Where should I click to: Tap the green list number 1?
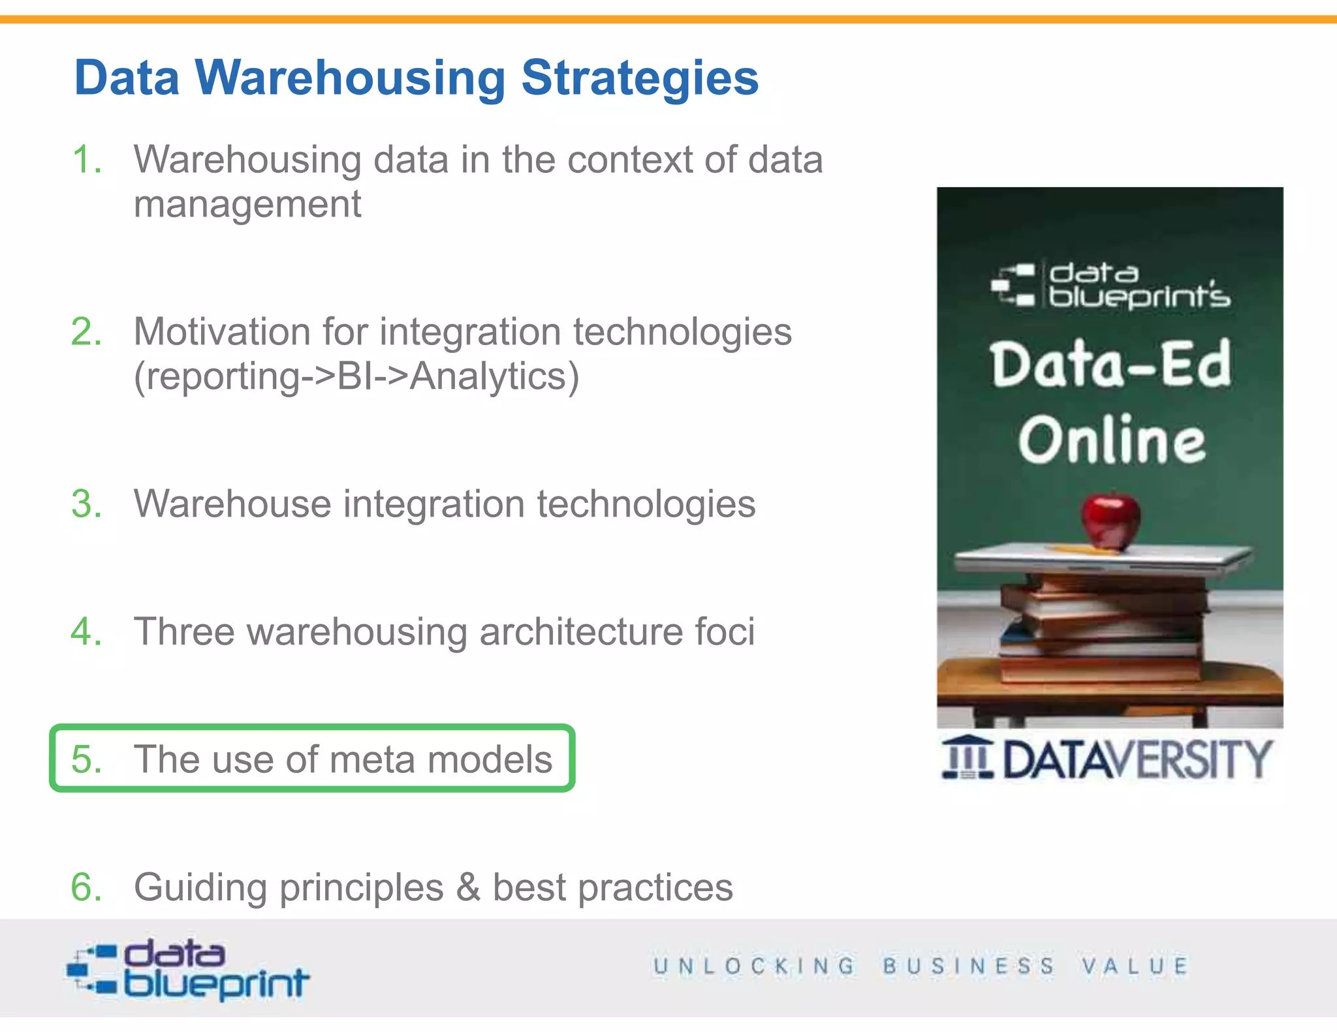(x=86, y=160)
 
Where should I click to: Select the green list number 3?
(x=86, y=504)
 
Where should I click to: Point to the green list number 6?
(x=86, y=888)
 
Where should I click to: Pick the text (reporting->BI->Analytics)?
(x=356, y=377)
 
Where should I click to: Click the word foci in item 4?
(x=725, y=631)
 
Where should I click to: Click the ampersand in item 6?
(x=468, y=888)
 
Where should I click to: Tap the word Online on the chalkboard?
(x=1112, y=441)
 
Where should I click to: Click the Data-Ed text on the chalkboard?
(x=1110, y=364)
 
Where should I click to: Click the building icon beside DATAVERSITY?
(x=967, y=757)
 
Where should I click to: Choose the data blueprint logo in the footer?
(x=188, y=969)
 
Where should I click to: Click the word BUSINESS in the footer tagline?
(x=969, y=966)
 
